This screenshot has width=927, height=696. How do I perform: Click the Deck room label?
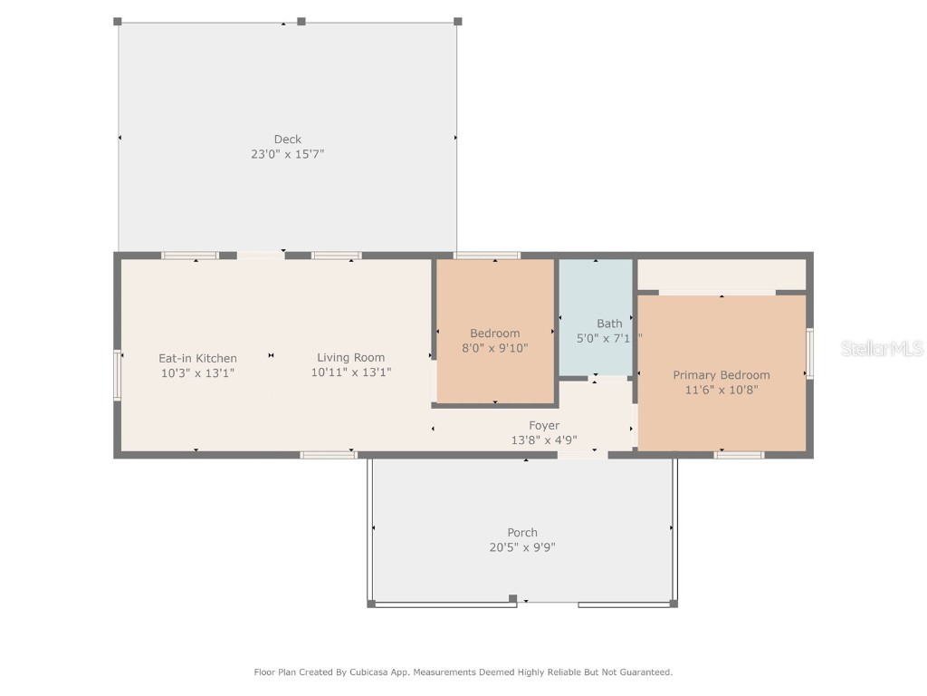288,139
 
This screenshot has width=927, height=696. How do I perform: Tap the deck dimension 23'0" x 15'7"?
288,154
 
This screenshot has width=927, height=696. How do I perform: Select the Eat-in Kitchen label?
197,358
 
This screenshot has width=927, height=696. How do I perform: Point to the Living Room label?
350,357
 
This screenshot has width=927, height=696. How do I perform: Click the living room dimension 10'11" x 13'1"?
350,372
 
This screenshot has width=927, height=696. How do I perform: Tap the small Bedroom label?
494,333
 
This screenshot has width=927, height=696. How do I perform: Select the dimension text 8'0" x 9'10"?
494,348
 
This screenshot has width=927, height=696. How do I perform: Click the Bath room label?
609,323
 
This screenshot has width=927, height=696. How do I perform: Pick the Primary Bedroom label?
721,374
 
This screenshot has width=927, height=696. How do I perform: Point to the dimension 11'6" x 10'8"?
721,390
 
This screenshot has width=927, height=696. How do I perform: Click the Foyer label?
544,425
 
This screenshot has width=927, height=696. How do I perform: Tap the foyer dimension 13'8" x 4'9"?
544,440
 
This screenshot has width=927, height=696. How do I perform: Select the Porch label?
522,532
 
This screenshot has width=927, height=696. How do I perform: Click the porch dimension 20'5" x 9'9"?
522,547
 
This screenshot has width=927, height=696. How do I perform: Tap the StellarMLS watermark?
882,348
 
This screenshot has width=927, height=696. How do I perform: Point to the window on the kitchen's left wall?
117,375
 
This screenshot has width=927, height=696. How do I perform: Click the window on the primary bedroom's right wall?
809,353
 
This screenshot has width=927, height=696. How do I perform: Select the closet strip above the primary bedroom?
722,274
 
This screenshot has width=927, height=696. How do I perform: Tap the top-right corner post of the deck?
457,21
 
